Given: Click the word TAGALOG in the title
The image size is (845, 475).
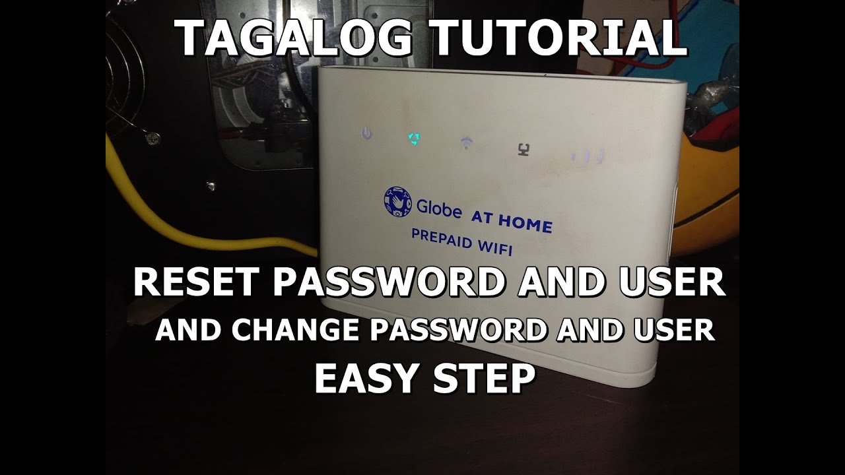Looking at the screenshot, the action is point(294,38).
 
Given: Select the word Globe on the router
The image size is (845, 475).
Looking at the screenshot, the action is point(439,208).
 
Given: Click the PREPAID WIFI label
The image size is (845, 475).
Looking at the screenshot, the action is point(461,242).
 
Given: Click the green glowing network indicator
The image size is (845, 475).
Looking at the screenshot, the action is point(414,139).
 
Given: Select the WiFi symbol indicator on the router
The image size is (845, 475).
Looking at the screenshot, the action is point(467,143).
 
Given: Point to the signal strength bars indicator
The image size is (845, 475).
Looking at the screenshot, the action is point(588,156).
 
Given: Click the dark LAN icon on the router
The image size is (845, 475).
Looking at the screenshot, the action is point(524,150).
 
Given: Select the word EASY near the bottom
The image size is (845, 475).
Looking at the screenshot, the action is point(368,379).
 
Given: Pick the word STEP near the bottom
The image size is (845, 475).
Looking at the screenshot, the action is point(485,379).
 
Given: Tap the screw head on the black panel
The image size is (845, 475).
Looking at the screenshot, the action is point(152,138).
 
